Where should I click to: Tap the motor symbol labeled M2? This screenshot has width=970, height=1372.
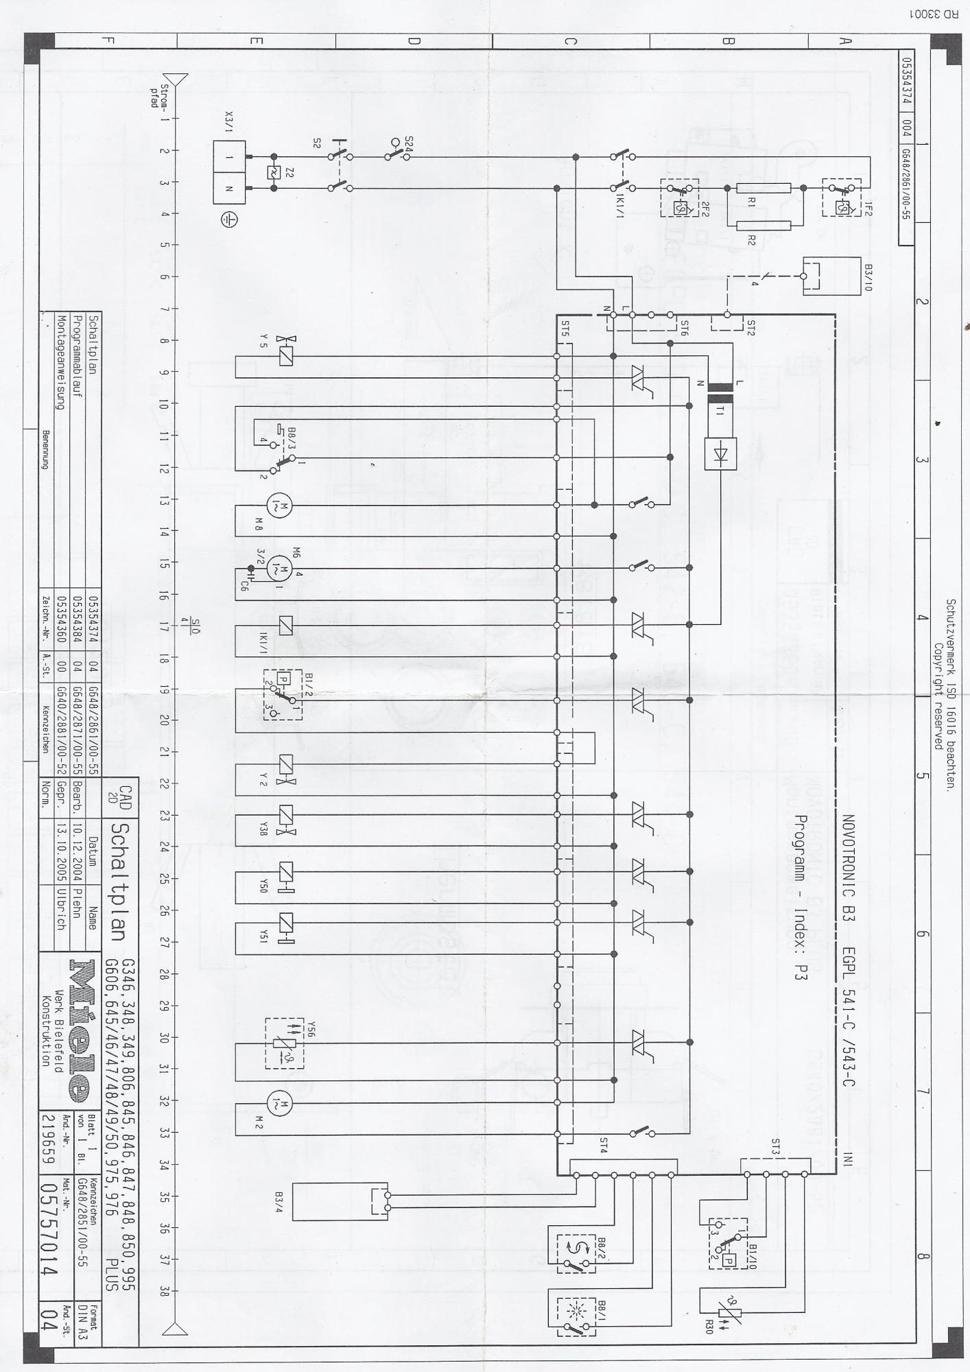pyautogui.click(x=279, y=1103)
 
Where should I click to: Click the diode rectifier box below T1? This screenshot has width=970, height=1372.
pyautogui.click(x=720, y=453)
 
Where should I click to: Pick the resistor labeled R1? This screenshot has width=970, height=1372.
pyautogui.click(x=763, y=188)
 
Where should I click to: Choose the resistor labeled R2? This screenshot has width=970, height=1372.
pyautogui.click(x=763, y=225)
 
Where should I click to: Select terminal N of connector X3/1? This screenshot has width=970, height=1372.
pyautogui.click(x=229, y=188)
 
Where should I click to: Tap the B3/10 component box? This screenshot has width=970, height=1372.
pyautogui.click(x=831, y=276)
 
